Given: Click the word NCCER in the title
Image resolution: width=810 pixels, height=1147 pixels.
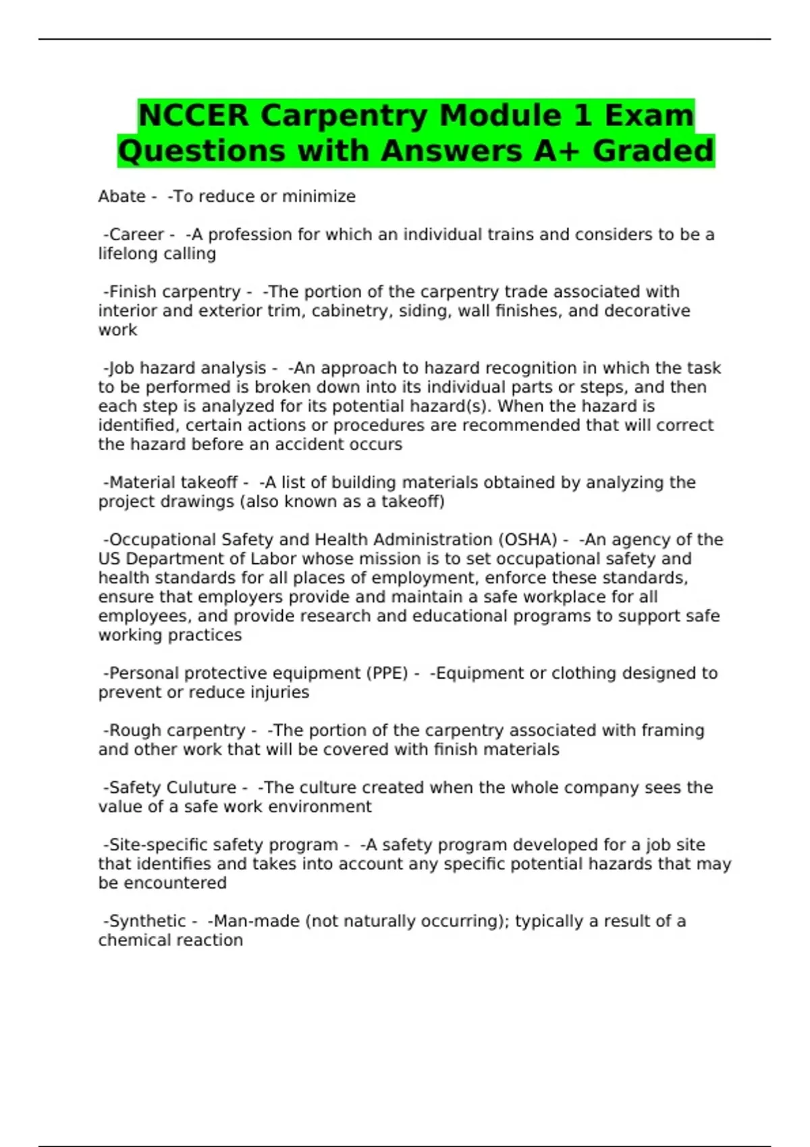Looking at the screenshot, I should [x=193, y=115].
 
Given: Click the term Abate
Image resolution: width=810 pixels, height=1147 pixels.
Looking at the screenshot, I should [x=122, y=196].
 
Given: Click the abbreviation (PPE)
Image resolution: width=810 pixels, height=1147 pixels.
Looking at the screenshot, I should [x=387, y=673].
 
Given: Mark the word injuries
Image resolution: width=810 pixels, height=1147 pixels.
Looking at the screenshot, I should [x=277, y=692].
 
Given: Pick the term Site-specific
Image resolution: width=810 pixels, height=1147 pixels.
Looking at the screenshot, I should [x=158, y=845].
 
